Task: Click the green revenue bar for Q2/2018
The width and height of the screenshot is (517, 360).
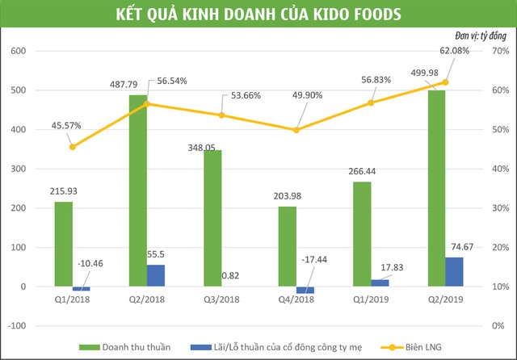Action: point(137,190)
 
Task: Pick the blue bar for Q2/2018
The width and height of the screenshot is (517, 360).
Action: point(156,275)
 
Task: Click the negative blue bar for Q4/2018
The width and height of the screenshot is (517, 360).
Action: point(305,290)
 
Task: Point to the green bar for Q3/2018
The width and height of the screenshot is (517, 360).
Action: point(212,218)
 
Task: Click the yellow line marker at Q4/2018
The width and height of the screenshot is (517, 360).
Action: point(296,130)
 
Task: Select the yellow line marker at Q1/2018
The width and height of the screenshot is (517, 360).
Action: point(73,146)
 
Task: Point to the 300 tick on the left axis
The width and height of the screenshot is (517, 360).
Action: point(18,169)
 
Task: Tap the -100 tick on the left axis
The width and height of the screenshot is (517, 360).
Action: point(16,326)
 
